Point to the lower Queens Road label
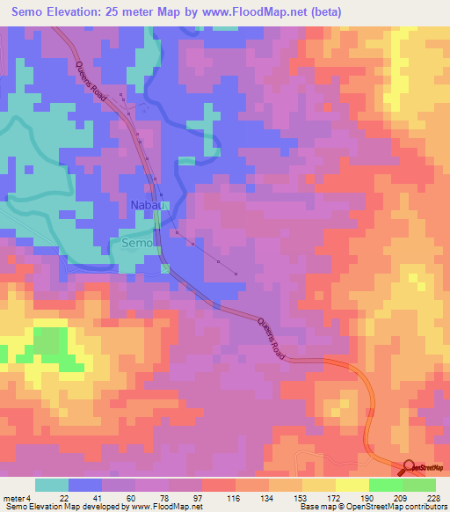(272, 339)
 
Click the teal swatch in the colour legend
(51, 485)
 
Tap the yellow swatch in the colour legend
(352, 485)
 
